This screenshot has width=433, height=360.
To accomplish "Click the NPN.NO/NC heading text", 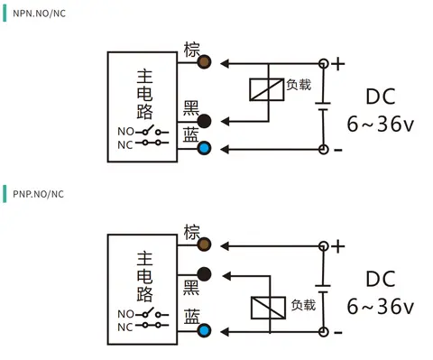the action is (x=39, y=14).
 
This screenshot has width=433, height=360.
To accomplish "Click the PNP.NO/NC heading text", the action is (x=38, y=194).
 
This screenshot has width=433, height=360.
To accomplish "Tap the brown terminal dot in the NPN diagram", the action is (x=204, y=62).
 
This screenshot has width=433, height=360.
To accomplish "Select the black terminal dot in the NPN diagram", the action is (x=204, y=121).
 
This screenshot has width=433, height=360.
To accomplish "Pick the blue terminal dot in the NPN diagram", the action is (x=204, y=148).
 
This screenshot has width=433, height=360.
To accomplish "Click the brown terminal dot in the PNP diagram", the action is (x=204, y=245).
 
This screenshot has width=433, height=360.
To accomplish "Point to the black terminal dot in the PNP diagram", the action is (x=204, y=274).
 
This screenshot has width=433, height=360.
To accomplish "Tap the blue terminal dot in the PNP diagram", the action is (x=204, y=331).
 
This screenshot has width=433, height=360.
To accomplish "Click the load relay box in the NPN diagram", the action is (x=267, y=89).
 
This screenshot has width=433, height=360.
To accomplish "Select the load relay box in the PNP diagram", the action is (x=268, y=308).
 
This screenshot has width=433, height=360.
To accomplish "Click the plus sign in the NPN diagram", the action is (x=338, y=64).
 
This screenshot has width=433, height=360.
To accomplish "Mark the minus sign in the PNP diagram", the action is (x=338, y=332).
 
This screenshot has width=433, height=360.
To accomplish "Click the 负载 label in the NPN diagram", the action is (x=299, y=85).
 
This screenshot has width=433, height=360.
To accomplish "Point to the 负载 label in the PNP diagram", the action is (x=303, y=305).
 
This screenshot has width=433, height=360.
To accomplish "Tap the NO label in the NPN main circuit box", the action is (x=125, y=132).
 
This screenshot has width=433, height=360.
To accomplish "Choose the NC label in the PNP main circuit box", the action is (x=125, y=328).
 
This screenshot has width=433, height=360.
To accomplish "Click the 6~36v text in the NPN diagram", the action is (x=381, y=124).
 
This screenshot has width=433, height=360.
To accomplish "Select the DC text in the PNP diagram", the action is (x=381, y=279).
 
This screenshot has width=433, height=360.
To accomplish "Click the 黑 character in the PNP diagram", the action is (x=191, y=288).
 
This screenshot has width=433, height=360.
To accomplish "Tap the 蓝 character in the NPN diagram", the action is (x=191, y=134).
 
